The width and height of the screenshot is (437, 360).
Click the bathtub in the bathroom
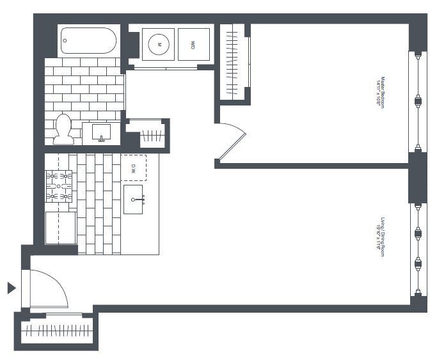coord(89,42)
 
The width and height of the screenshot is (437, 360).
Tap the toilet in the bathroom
coord(63,130)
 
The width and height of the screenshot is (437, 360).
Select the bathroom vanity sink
coord(102,134)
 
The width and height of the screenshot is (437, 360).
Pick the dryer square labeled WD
coord(193,45)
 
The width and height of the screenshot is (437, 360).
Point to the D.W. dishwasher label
coord(134,168)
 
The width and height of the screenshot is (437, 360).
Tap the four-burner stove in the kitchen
coord(59,186)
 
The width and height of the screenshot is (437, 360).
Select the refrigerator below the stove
coord(60,228)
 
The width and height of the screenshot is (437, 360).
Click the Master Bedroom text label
coord(381,93)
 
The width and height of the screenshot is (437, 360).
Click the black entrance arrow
coord(11,288)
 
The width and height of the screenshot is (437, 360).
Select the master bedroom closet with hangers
coord(234,62)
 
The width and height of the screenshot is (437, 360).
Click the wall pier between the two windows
coord(418,177)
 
